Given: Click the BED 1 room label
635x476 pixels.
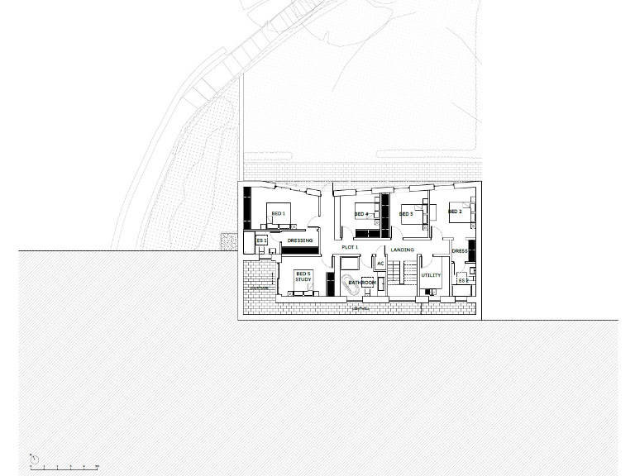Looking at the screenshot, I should pyautogui.click(x=278, y=214).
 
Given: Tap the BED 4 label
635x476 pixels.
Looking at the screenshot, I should pyautogui.click(x=360, y=214).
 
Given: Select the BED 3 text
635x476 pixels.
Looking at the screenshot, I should pyautogui.click(x=406, y=214).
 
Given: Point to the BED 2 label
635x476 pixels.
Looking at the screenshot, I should pyautogui.click(x=454, y=212).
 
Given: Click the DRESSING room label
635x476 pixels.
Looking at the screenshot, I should pyautogui.click(x=300, y=241).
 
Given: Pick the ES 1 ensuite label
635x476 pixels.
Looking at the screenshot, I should pyautogui.click(x=261, y=240).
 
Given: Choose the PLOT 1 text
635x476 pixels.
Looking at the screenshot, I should pyautogui.click(x=350, y=247).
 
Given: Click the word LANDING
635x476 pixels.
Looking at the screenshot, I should pyautogui.click(x=403, y=250).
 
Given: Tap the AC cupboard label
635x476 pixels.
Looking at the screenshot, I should pyautogui.click(x=380, y=264).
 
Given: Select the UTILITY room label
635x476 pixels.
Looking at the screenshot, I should pyautogui.click(x=431, y=275).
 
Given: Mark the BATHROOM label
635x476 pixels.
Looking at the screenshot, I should pyautogui.click(x=362, y=283).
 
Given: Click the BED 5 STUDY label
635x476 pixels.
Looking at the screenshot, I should pyautogui.click(x=303, y=277).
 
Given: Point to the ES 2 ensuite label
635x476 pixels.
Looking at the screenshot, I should pyautogui.click(x=463, y=281).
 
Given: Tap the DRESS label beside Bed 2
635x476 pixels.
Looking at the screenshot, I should pyautogui.click(x=460, y=251).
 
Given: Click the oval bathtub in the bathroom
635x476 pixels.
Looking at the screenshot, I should pyautogui.click(x=349, y=283).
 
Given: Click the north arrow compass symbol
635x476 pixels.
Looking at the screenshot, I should pyautogui.click(x=35, y=458).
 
